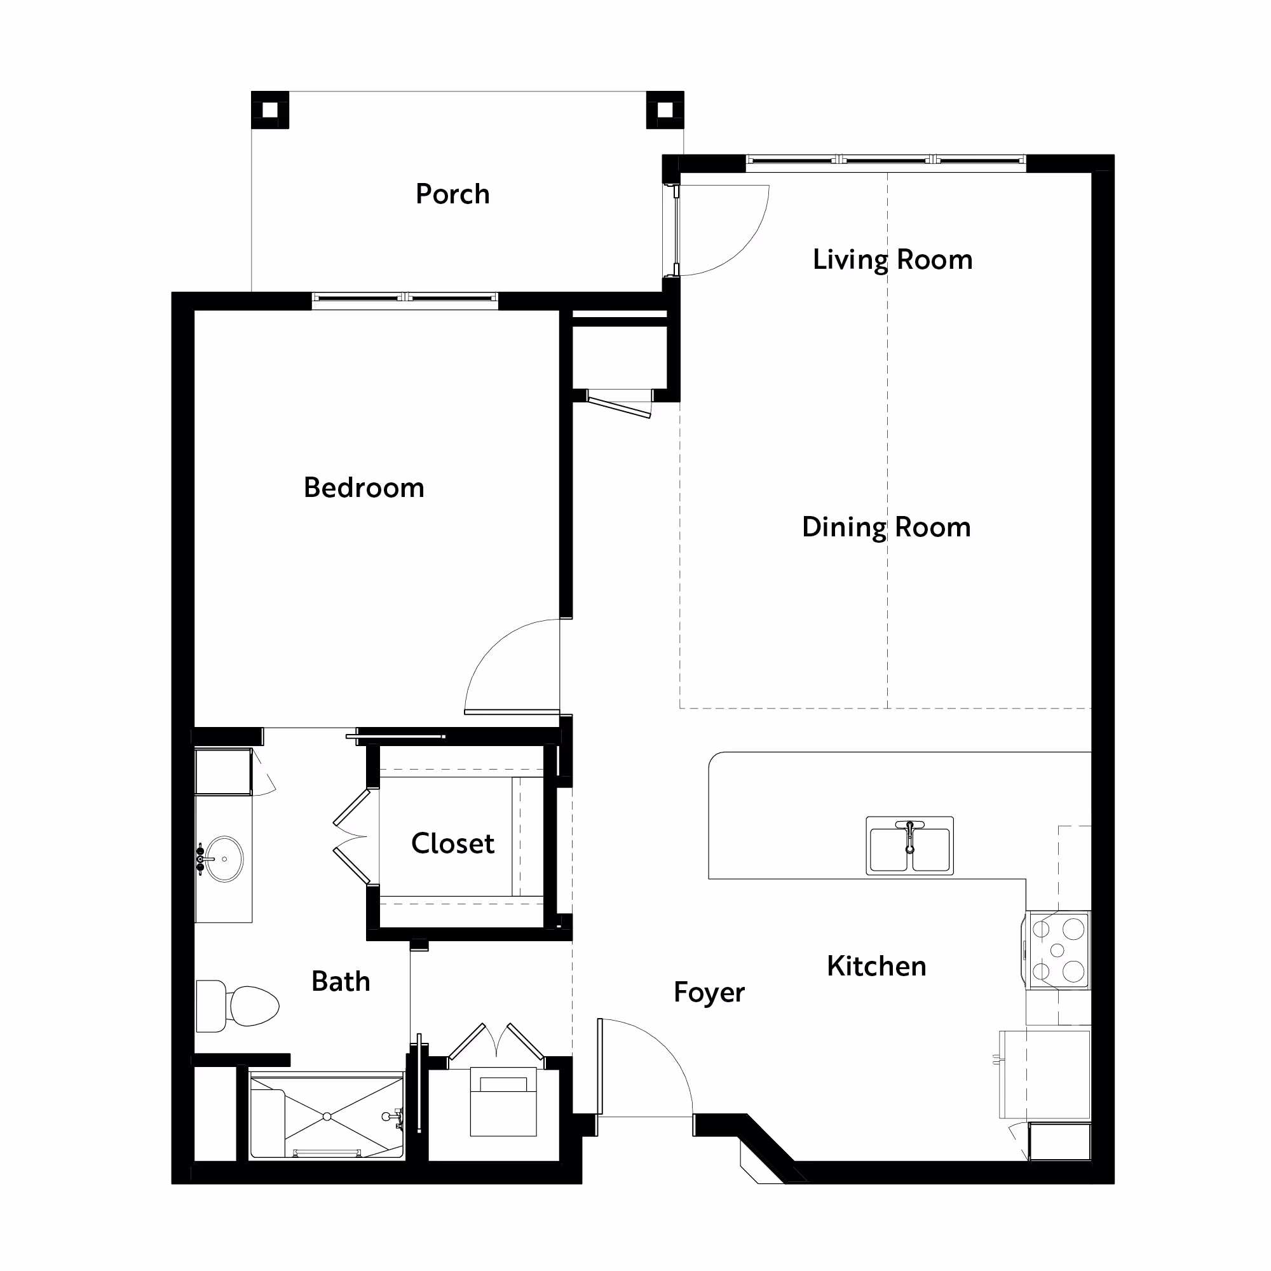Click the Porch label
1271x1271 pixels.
click(452, 194)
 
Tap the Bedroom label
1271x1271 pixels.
click(364, 487)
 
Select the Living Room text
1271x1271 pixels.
click(893, 260)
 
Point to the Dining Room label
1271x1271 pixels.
click(886, 527)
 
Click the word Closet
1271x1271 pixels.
click(452, 843)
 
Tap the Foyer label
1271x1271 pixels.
click(709, 993)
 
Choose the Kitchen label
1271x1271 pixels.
click(876, 966)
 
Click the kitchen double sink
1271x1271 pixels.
click(910, 845)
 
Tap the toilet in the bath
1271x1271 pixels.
click(238, 1006)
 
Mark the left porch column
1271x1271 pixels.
click(269, 110)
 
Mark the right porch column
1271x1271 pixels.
click(665, 110)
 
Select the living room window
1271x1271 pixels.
click(886, 160)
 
